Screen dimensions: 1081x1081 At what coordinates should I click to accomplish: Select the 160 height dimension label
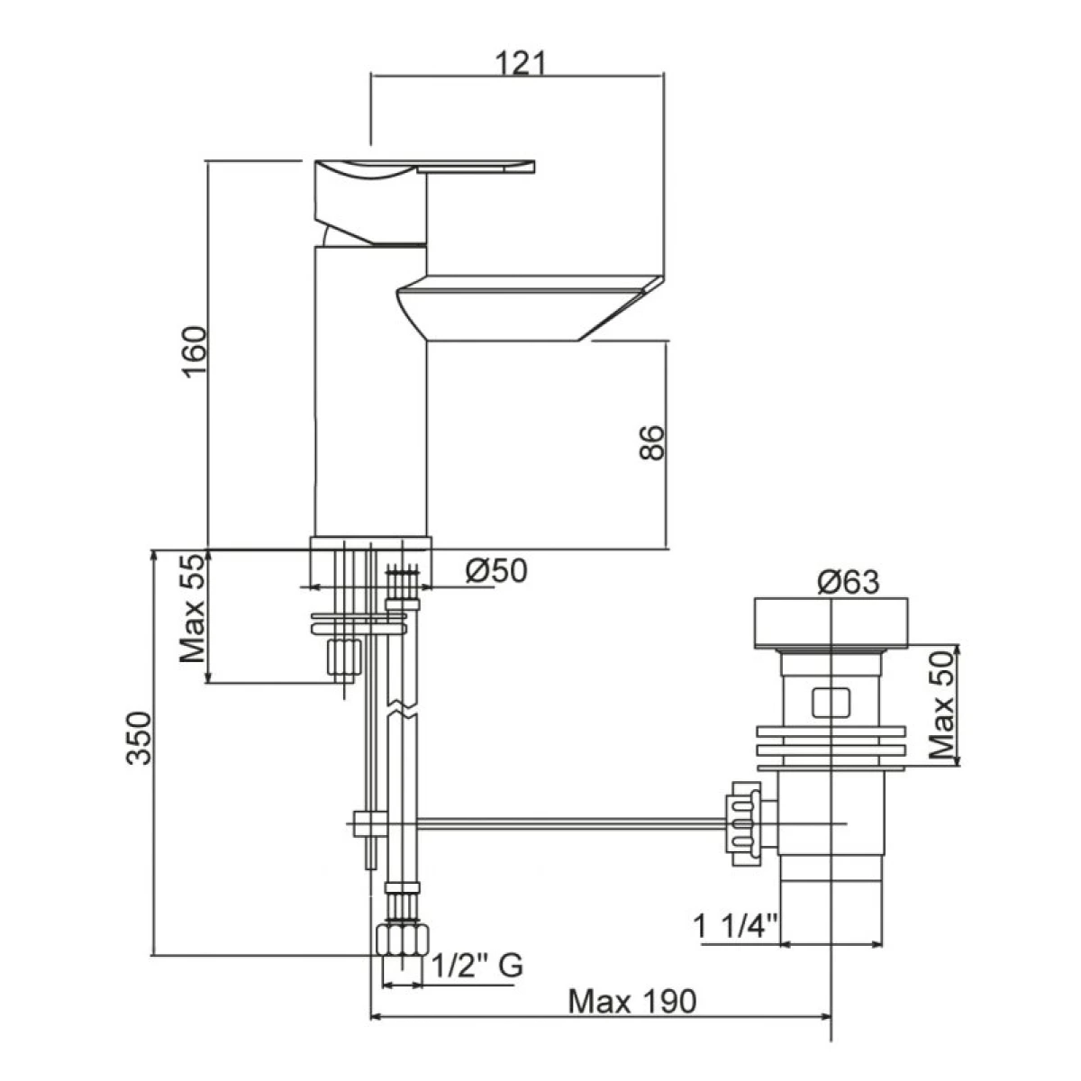[195, 351]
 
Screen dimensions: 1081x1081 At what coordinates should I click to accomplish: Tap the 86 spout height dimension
[651, 442]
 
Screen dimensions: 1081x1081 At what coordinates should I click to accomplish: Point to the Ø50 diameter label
[496, 571]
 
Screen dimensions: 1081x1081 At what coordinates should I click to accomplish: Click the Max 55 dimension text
[193, 608]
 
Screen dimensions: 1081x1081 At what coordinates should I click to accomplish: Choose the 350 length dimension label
[139, 738]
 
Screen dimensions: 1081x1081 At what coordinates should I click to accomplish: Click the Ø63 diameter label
[848, 582]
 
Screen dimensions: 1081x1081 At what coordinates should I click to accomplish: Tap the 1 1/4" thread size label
[735, 926]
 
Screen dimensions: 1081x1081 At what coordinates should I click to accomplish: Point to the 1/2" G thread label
[477, 966]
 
